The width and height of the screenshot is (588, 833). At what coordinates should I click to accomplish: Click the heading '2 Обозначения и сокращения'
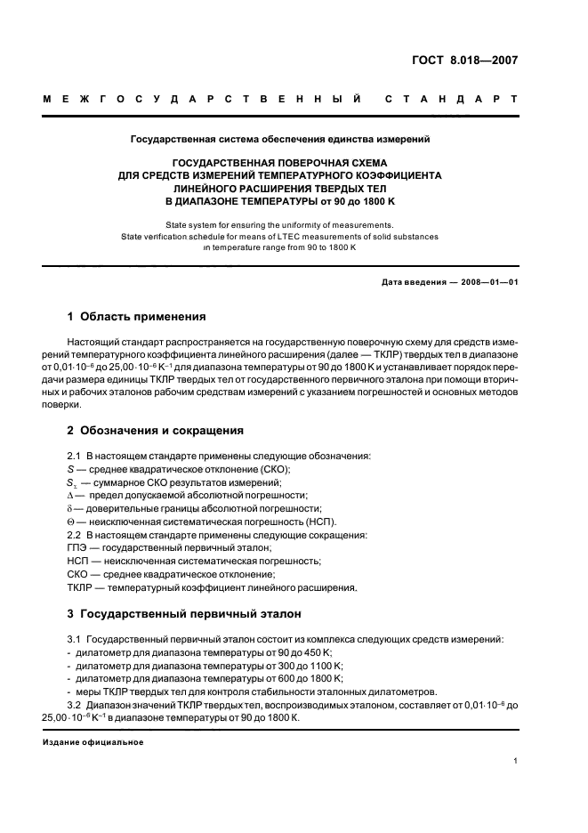coord(155,430)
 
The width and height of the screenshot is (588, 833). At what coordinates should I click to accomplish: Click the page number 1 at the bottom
coord(515,761)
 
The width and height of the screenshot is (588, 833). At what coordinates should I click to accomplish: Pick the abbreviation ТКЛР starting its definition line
coord(83,587)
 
